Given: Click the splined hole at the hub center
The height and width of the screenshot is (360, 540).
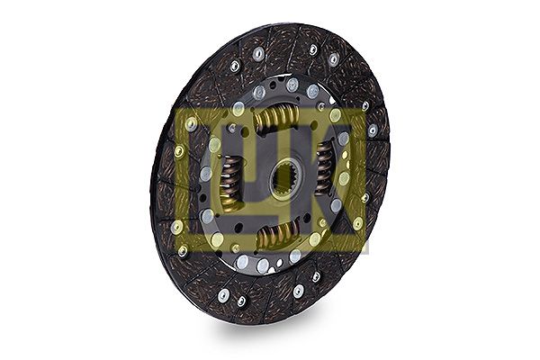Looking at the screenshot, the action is point(287,178).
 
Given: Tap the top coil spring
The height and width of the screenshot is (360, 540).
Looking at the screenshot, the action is point(276,119).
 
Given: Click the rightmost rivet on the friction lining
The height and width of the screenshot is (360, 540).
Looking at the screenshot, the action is point(373,130).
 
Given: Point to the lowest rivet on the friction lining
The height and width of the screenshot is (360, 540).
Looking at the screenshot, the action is point(242,301).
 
